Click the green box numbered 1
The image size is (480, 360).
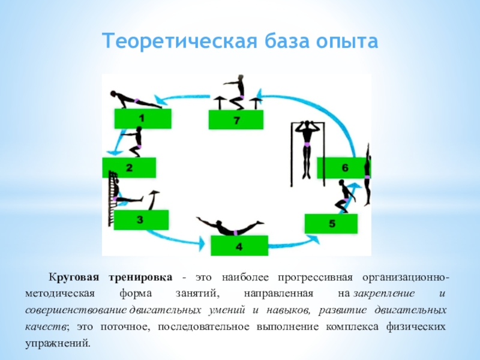[142, 119]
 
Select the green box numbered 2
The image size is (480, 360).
[129, 168]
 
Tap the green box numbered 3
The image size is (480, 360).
[140, 220]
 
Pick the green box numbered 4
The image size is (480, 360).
[238, 246]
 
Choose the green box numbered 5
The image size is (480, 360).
[331, 224]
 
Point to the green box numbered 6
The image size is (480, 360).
[343, 168]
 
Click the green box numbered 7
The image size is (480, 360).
[236, 121]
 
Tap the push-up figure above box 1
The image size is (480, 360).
[135, 99]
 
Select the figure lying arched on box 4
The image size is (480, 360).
[231, 227]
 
